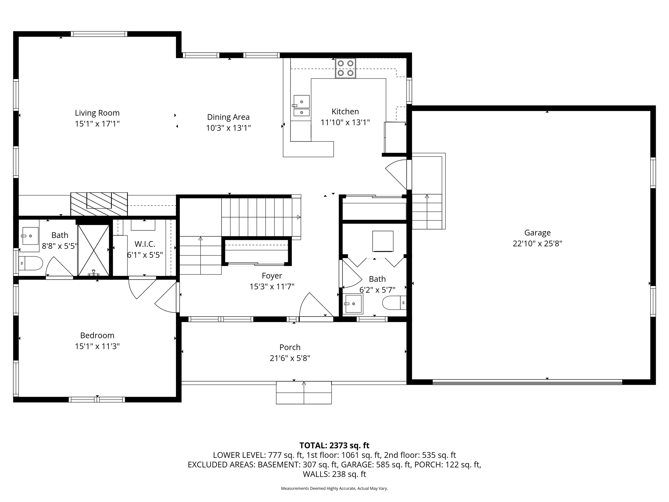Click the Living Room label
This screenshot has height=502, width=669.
[x=97, y=113]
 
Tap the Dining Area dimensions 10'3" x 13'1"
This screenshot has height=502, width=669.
[x=228, y=128]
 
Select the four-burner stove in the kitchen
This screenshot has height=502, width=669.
[x=345, y=68]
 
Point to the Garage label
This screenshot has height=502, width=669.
[x=537, y=233]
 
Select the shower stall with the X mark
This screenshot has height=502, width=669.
[x=93, y=250]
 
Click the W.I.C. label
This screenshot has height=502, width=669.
[x=145, y=244]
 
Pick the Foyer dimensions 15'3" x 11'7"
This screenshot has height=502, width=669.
[x=272, y=287]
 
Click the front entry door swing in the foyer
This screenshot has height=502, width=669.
[x=314, y=306]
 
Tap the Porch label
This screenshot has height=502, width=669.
[x=290, y=347]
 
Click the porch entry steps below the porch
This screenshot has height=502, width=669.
[x=304, y=393]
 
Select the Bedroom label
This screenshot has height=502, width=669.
[x=97, y=335]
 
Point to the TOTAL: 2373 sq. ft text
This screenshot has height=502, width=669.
[x=334, y=445]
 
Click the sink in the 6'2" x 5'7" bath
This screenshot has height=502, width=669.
[x=353, y=304]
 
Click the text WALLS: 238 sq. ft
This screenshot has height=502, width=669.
[x=334, y=474]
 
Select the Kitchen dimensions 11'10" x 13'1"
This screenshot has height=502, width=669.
[x=345, y=122]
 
